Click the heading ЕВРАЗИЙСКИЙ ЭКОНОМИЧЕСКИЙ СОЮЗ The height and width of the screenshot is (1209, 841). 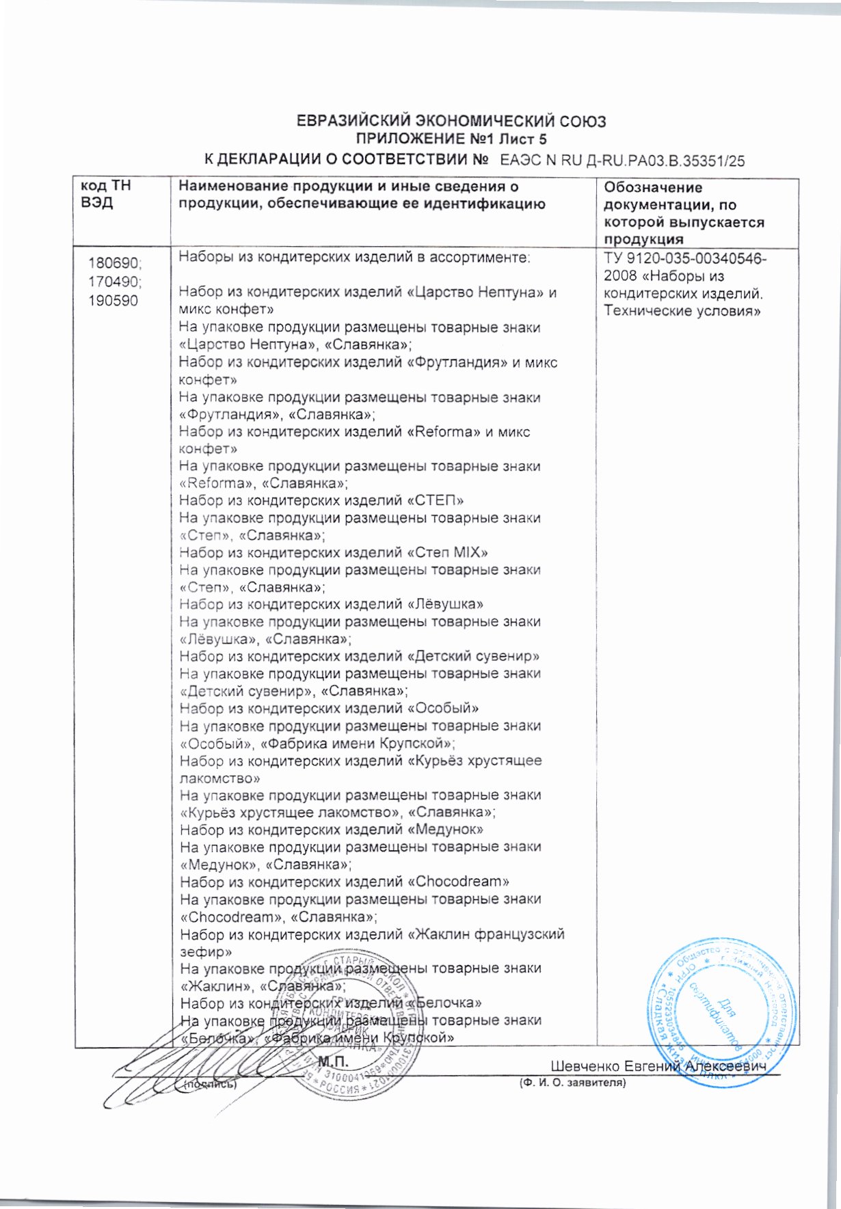point(451,122)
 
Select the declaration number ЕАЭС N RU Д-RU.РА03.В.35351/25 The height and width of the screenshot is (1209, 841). point(622,162)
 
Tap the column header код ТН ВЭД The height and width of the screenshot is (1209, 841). point(106,195)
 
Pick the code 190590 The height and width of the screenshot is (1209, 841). point(113,300)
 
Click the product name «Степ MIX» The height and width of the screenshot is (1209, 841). point(447,553)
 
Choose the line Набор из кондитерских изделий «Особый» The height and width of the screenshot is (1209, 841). point(329,709)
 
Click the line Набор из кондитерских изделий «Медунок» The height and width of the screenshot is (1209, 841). point(332,830)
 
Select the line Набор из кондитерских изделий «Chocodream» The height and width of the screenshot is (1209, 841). point(345,882)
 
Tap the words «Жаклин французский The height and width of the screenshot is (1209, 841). point(486,934)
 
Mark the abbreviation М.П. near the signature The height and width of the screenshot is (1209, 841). point(334,1062)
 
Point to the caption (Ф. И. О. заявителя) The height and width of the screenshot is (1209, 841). point(572,1083)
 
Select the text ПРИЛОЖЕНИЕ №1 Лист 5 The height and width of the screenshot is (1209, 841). point(451,140)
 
